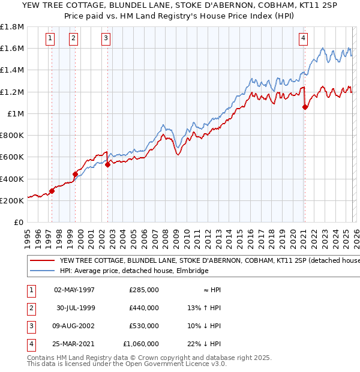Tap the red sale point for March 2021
(305, 107)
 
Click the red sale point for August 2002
(107, 164)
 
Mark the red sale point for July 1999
(76, 175)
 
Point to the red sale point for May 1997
(52, 191)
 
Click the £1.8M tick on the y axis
(12, 28)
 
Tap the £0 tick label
(19, 222)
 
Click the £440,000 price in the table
(144, 308)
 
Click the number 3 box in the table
(30, 326)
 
